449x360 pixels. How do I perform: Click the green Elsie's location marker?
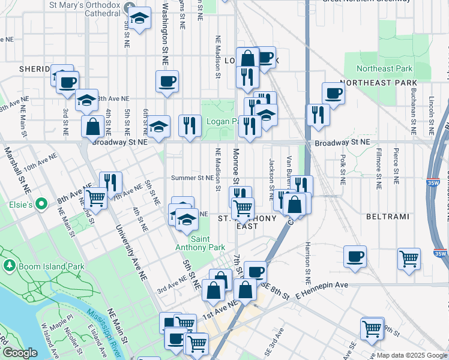(x=41, y=205)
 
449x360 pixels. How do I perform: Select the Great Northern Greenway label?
(x=367, y=2)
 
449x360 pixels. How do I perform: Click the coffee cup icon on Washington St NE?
(x=167, y=80)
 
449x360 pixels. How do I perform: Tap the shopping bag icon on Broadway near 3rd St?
(x=92, y=126)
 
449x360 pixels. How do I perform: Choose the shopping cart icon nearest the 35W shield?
(x=409, y=259)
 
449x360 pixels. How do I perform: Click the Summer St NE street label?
(x=192, y=178)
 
